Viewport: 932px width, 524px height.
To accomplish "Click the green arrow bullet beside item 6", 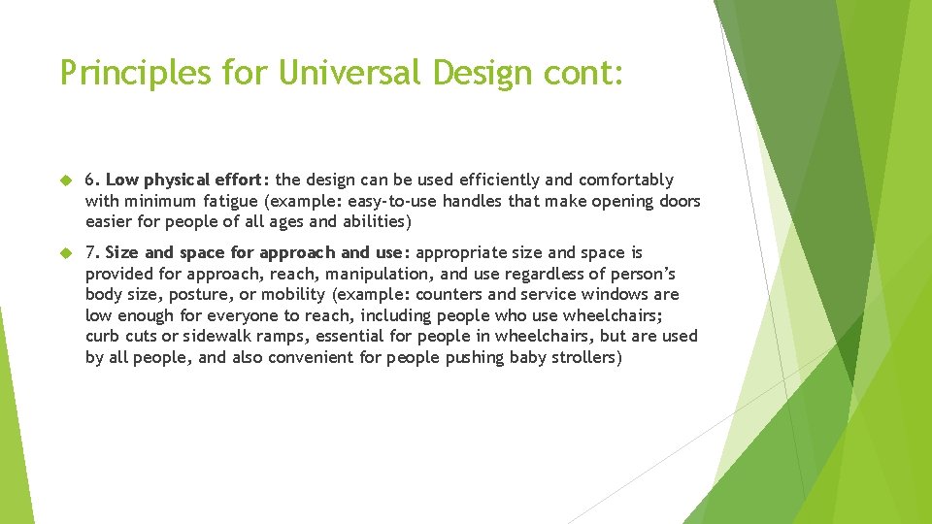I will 66,180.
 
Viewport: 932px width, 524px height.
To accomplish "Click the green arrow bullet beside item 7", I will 66,253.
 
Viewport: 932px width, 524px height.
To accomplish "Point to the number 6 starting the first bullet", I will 90,180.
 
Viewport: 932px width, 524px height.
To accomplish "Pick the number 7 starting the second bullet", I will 90,252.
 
